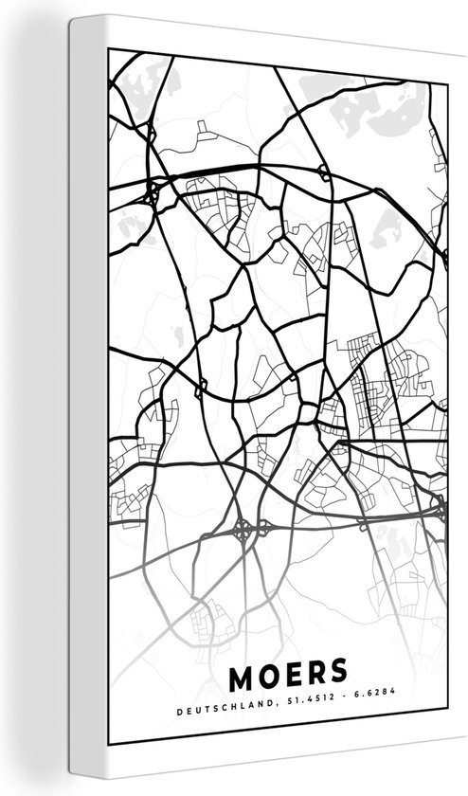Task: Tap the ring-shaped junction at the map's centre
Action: point(308,415)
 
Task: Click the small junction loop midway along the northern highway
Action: point(323,172)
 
